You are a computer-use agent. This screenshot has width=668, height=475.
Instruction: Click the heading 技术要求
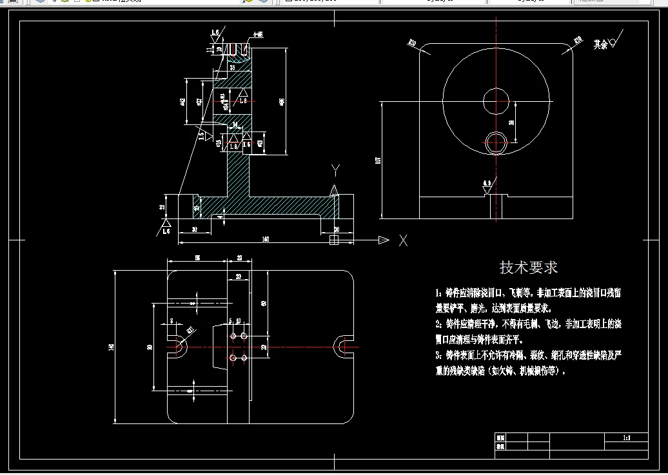tap(529, 267)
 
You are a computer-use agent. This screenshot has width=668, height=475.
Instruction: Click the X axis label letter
tap(403, 240)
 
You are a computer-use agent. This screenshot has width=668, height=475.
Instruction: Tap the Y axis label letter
tap(335, 170)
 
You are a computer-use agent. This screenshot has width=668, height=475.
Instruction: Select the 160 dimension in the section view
tap(265, 240)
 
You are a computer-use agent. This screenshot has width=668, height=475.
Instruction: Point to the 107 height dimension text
tap(378, 160)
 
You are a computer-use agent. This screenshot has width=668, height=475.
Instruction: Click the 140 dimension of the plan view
tap(112, 347)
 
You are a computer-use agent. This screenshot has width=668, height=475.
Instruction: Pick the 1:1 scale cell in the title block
tap(625, 438)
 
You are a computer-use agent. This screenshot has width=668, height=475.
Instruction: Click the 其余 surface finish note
tap(601, 44)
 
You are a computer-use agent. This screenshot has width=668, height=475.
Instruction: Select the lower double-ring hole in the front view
tap(496, 142)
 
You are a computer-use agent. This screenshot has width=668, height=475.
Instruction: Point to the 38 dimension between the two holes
tap(511, 121)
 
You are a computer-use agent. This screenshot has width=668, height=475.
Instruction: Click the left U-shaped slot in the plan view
tap(177, 347)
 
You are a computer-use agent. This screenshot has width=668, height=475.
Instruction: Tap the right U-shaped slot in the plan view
tap(342, 347)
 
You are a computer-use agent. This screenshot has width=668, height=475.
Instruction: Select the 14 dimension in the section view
tap(235, 124)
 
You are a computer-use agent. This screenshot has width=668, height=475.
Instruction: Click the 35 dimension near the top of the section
tap(232, 67)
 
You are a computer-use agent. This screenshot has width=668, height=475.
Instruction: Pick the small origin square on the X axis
tap(333, 240)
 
